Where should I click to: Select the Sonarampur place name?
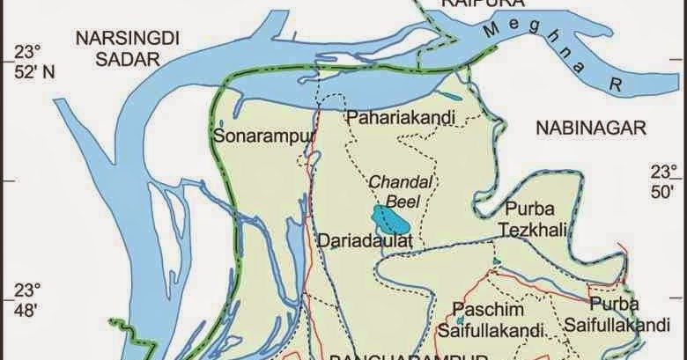(252, 136)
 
